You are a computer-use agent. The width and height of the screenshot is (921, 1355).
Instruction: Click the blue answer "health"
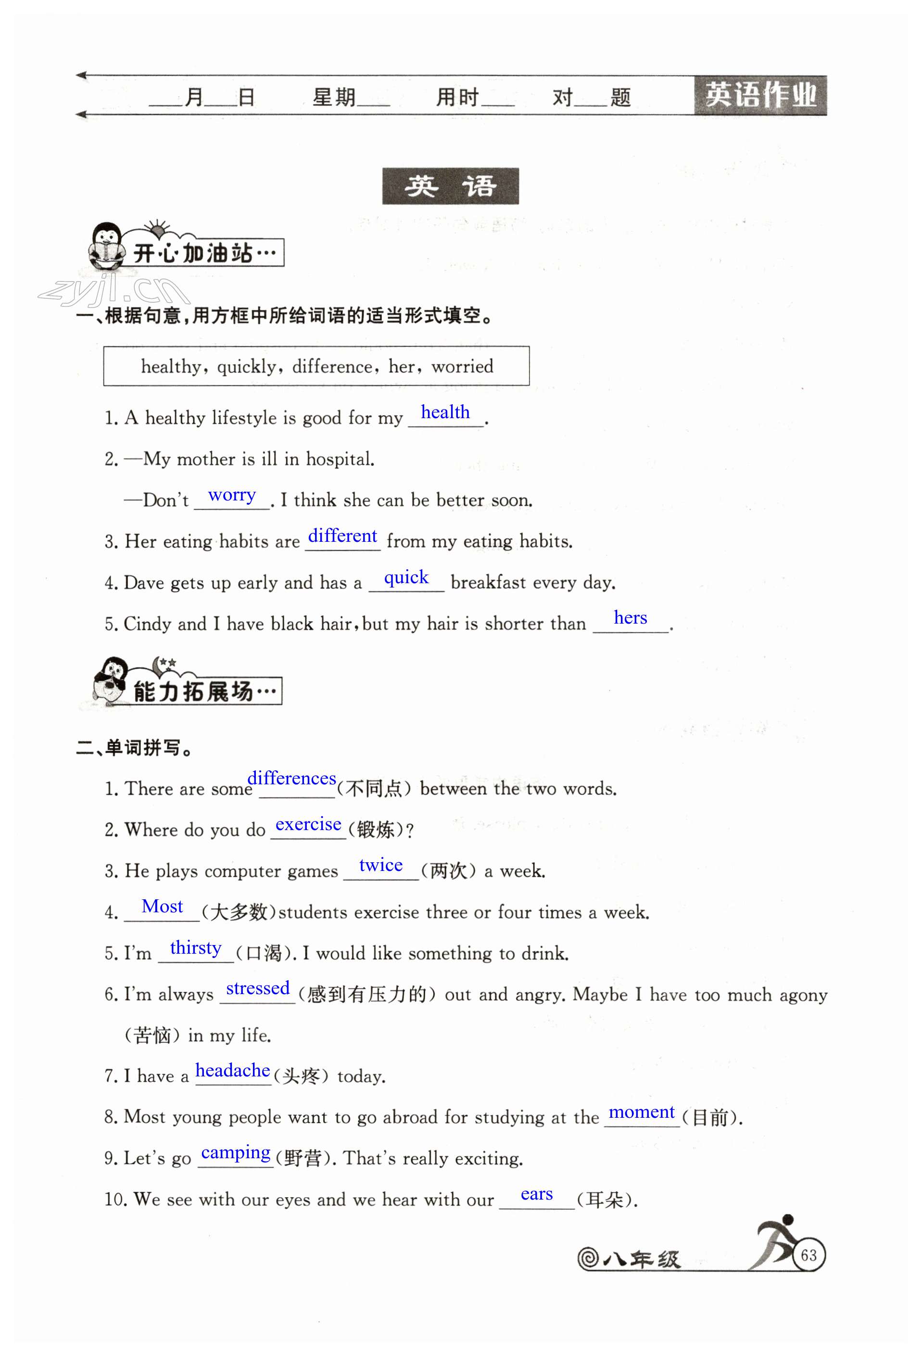[445, 412]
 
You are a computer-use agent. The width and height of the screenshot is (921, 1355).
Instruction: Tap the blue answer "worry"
[231, 495]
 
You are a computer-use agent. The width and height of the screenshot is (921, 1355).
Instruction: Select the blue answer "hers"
[630, 617]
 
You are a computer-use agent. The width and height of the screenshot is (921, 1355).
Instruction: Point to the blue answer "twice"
[380, 865]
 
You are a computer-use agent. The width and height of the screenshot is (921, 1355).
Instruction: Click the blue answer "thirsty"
[195, 948]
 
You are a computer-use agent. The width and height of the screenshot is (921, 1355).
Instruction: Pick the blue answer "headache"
[233, 1071]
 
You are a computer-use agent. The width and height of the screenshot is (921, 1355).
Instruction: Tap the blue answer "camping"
[236, 1153]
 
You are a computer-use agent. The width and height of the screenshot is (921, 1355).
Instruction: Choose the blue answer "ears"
[536, 1194]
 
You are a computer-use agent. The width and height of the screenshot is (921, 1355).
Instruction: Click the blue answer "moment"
[641, 1112]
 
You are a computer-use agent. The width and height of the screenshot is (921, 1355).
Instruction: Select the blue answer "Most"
[162, 907]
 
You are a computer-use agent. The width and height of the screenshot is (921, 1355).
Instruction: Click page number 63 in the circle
[808, 1255]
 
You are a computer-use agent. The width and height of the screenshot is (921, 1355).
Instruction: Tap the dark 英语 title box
[450, 186]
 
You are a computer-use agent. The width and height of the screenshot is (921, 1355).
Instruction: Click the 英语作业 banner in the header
[760, 95]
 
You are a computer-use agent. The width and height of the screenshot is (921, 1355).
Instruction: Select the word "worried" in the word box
[462, 367]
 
